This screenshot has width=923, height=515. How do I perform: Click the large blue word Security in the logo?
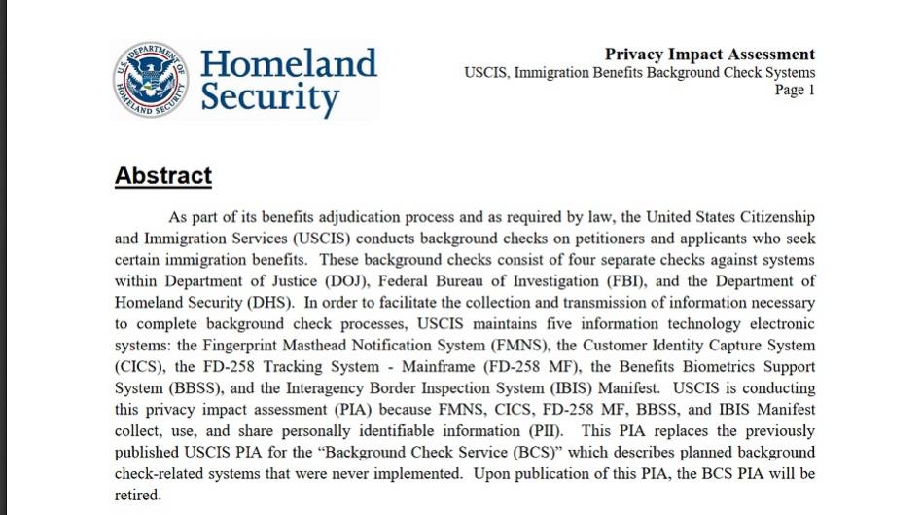click(x=269, y=98)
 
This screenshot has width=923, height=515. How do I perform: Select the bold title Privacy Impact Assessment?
click(x=709, y=55)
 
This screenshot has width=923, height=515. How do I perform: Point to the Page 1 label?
click(x=795, y=90)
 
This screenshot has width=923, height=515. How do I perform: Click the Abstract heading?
click(x=162, y=176)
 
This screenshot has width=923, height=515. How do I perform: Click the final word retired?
click(x=137, y=496)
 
